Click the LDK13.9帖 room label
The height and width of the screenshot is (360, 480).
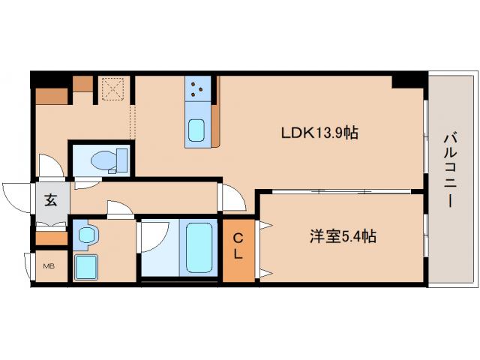point(319,133)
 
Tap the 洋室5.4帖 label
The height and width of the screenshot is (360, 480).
point(343,236)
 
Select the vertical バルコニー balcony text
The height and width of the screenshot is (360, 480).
point(448,169)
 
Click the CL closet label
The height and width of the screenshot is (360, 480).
point(238,246)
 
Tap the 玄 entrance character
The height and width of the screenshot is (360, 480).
point(50,200)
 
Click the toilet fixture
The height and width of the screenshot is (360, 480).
point(109,160)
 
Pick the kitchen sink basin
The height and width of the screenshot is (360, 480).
point(197,132)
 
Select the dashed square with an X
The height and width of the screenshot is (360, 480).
point(114,89)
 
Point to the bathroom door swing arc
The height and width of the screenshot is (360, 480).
point(154,238)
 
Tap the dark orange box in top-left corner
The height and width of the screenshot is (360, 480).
point(51,95)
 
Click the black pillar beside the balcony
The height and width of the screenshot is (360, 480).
point(407,79)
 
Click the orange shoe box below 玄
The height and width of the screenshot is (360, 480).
point(51,238)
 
